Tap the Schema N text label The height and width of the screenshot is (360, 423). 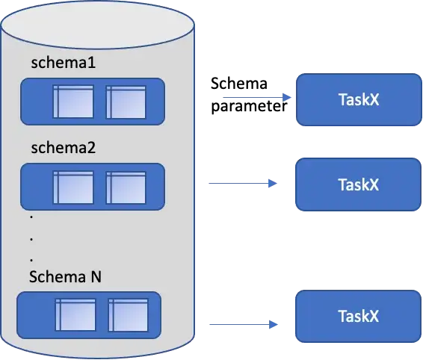pos(65,276)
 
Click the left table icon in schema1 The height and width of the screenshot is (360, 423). pos(72,102)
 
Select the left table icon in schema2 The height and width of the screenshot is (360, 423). pos(72,187)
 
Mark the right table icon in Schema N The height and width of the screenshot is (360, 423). pos(129,314)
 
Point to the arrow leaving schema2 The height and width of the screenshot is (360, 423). pos(241,181)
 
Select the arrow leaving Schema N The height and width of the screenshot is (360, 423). pos(244,325)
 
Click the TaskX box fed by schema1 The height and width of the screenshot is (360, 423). pos(357,99)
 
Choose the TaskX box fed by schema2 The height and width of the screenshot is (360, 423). pos(357,184)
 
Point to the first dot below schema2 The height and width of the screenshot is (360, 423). pos(31,218)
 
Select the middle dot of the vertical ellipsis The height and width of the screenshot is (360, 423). pos(31,238)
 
